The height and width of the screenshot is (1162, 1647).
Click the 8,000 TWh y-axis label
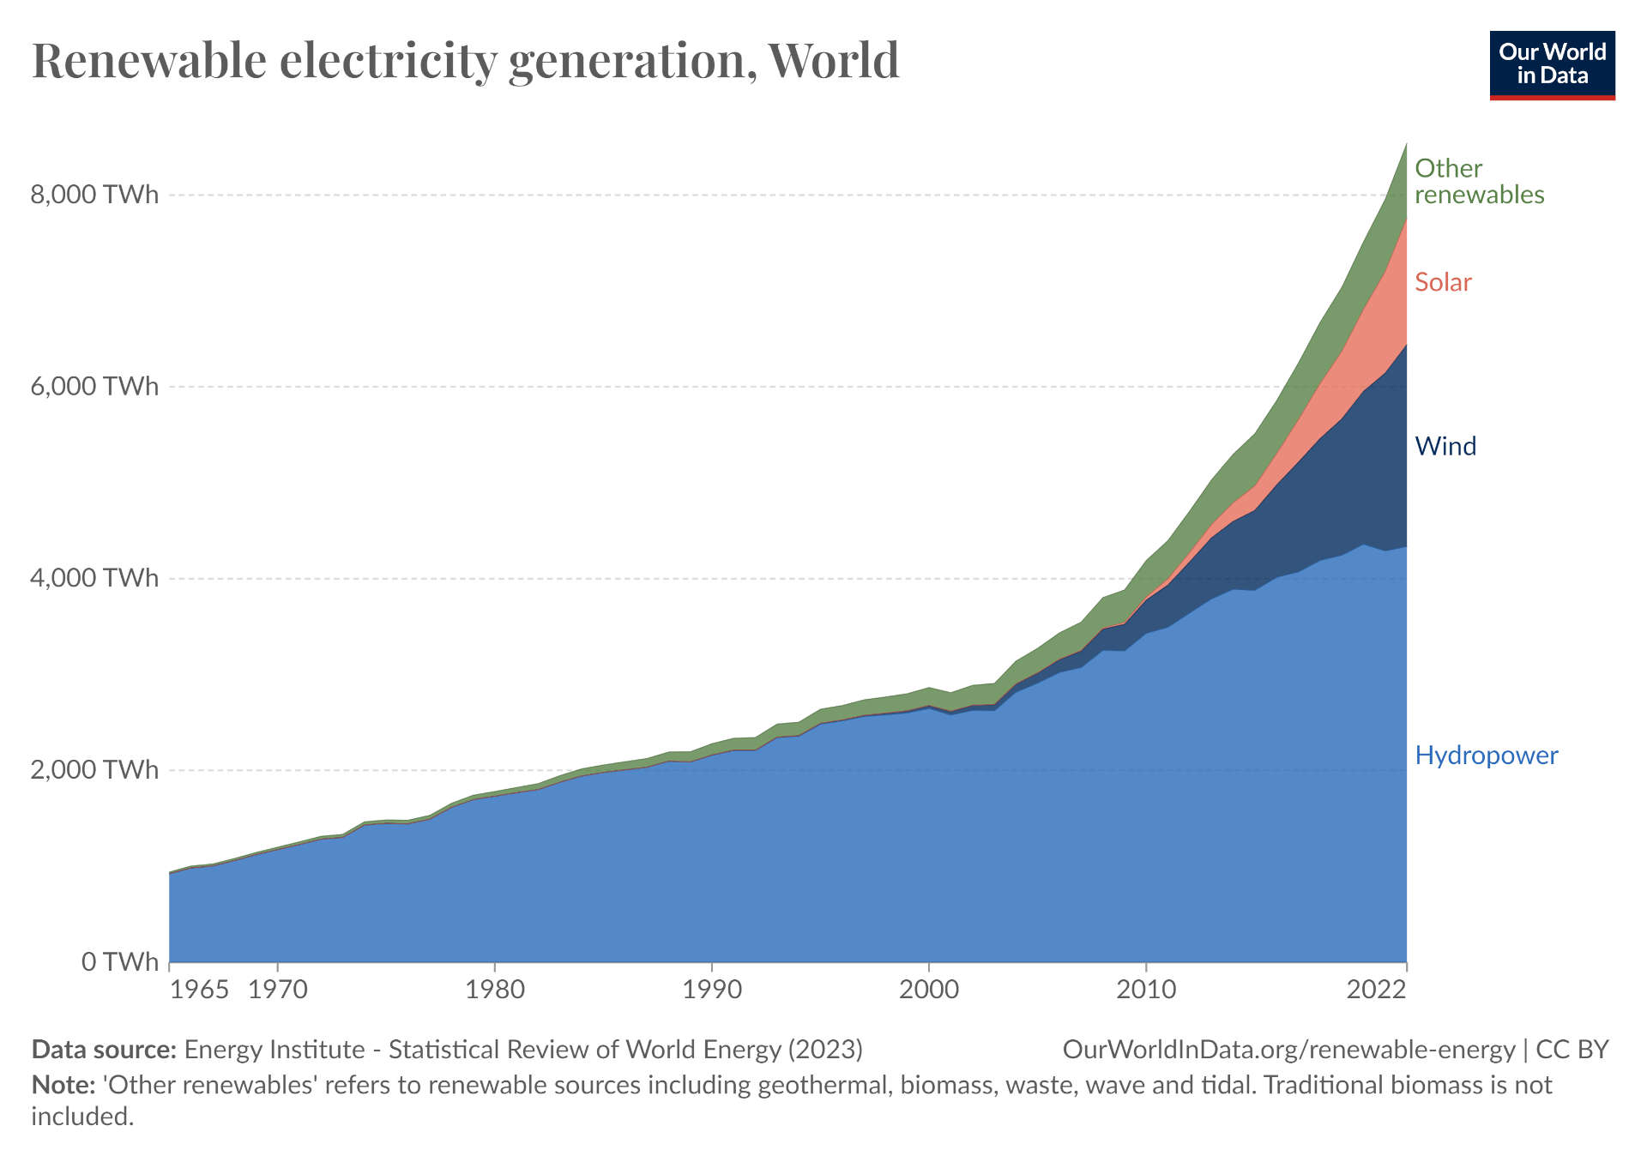94,195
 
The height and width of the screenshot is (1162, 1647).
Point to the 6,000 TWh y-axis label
94,387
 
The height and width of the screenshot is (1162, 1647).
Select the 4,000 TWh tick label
94,578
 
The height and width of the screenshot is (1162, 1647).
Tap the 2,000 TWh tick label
94,770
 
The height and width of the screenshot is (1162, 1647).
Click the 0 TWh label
120,961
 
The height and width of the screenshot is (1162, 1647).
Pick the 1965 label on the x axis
199,990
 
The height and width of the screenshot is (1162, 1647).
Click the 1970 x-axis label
278,990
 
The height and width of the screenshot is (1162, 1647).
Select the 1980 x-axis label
495,990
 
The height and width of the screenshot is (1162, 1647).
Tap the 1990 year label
712,990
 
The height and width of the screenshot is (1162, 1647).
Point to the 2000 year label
929,990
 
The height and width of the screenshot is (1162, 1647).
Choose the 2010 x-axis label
1146,990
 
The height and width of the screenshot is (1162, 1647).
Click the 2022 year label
1376,990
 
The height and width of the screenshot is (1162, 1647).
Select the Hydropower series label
1486,756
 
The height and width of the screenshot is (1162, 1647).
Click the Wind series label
1445,446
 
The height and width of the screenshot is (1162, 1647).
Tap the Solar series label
1443,282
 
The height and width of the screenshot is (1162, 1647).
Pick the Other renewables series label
1478,181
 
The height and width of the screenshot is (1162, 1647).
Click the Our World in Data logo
1552,65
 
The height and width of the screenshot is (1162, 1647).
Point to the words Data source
104,1050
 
